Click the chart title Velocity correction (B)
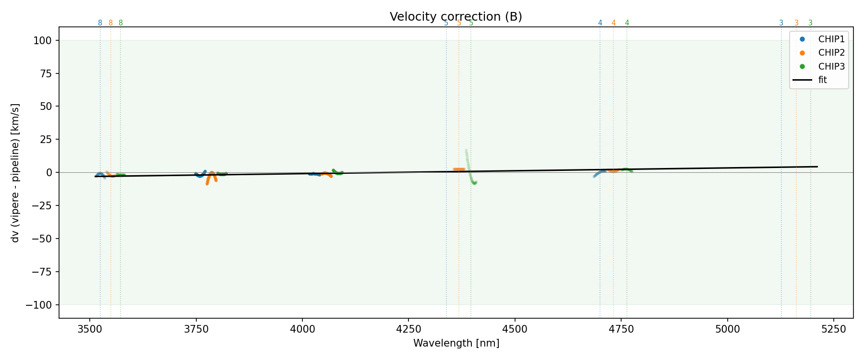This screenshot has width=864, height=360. point(456,17)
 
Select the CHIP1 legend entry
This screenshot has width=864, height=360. point(831,39)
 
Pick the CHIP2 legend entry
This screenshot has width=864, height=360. point(831,53)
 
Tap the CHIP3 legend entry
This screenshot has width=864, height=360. point(831,67)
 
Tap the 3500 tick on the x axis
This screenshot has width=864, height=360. point(90,329)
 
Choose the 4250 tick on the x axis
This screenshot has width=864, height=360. point(408,329)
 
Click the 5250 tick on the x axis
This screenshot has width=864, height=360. point(833,329)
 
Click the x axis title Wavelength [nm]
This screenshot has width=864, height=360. point(456,343)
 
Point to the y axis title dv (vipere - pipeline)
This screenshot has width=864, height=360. point(15,172)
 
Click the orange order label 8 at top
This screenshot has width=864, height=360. point(110,23)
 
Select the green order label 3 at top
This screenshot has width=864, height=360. point(811,23)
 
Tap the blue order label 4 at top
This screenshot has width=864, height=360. point(600,23)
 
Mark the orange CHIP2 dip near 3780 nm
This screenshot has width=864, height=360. point(207,181)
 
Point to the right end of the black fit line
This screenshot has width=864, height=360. point(816,167)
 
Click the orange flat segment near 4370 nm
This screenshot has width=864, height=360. point(459,169)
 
